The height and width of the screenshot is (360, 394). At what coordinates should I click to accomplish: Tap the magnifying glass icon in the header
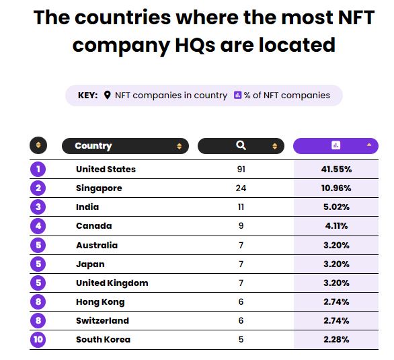[241, 145]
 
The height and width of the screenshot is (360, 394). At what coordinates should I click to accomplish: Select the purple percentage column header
[336, 145]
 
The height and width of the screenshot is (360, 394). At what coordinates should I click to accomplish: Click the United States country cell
[106, 169]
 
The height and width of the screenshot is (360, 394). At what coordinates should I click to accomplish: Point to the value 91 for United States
[241, 169]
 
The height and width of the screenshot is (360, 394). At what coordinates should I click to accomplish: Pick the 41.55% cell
[336, 169]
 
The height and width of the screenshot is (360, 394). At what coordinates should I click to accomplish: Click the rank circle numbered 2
[38, 188]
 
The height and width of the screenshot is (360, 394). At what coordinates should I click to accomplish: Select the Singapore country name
[99, 188]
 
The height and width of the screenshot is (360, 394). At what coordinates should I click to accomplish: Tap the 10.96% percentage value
[336, 188]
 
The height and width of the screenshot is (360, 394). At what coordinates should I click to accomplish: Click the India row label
[87, 207]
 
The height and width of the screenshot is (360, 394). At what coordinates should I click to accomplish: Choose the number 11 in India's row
[241, 207]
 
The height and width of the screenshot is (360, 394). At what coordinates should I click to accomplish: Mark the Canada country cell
[93, 226]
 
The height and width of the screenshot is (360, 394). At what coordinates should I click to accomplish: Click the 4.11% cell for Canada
[336, 226]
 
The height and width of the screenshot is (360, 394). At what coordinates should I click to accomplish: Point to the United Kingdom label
[112, 283]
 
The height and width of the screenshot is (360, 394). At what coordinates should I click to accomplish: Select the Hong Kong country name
[100, 301]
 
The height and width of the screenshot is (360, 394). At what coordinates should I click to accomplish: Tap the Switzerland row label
[102, 320]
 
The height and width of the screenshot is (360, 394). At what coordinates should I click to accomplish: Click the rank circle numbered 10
[38, 339]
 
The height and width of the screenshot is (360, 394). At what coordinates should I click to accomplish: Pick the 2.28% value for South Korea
[336, 339]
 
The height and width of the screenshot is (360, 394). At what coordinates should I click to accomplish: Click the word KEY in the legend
[88, 96]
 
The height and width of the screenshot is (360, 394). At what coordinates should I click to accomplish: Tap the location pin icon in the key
[107, 96]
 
